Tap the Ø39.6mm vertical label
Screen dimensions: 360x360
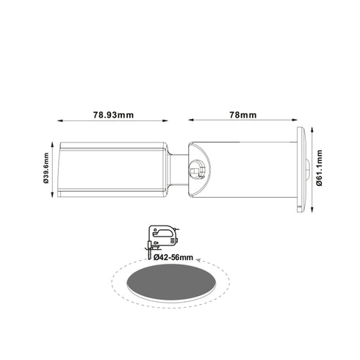(x=46, y=170)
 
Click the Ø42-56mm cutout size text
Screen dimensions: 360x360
(x=174, y=257)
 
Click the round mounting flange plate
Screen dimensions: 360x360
(x=300, y=170)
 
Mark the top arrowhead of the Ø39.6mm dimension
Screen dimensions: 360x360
(x=53, y=144)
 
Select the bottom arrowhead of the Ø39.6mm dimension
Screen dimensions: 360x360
(x=53, y=197)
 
